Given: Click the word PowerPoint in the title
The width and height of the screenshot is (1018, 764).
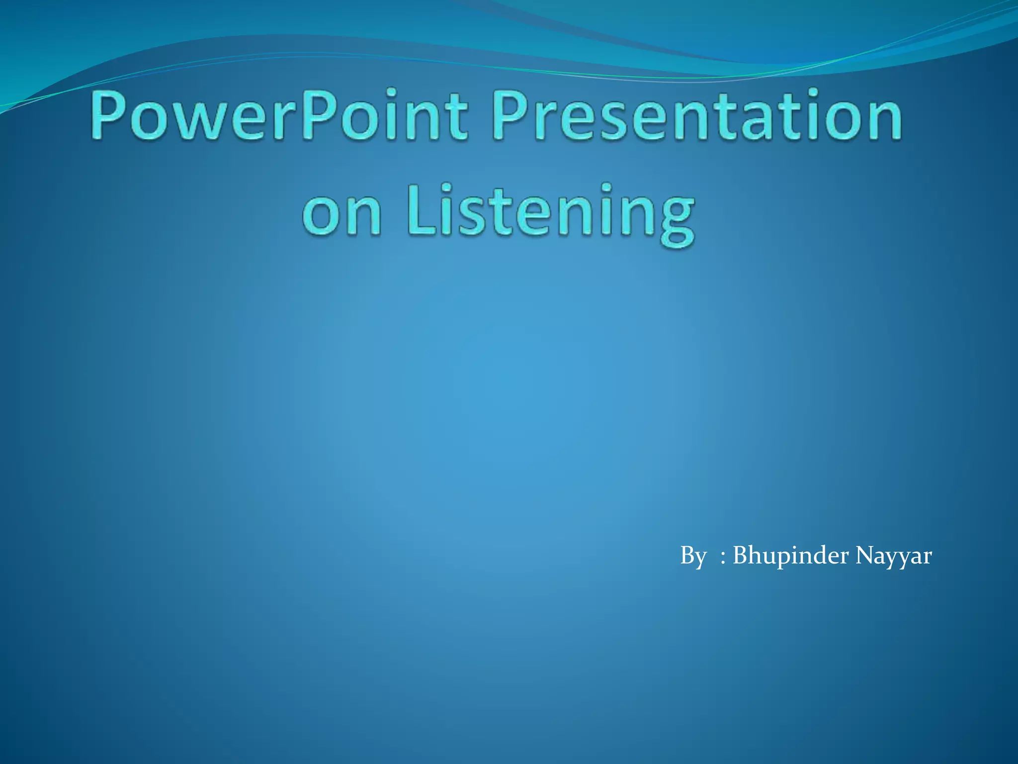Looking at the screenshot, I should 278,115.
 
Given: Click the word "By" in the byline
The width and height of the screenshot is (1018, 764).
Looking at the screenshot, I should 692,556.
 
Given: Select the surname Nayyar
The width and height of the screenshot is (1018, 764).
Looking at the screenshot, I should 893,556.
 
